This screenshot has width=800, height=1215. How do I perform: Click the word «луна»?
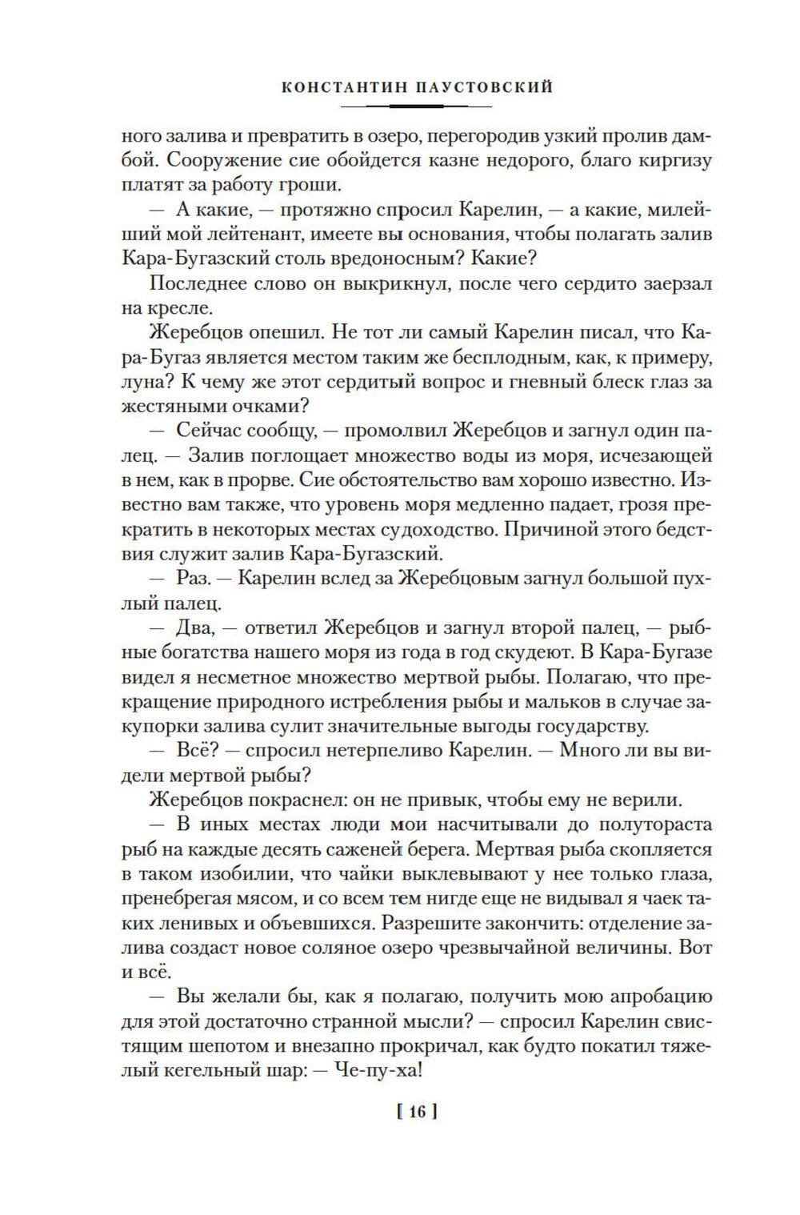click(x=146, y=383)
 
